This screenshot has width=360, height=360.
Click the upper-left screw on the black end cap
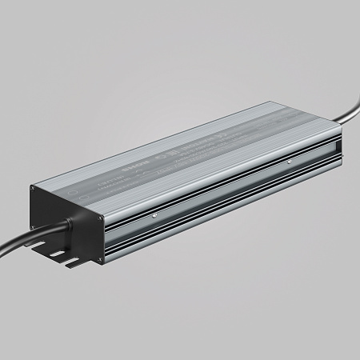(34, 190)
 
